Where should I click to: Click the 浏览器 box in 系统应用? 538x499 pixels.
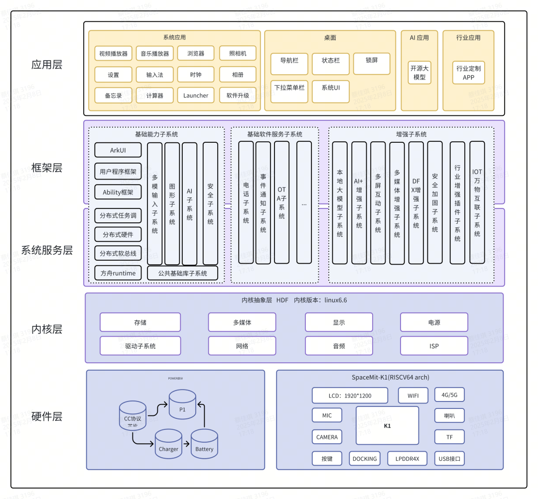[x=196, y=53]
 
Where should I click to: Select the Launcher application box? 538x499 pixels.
[x=196, y=96]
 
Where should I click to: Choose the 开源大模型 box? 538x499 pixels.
[x=419, y=73]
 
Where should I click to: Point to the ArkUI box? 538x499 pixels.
[x=118, y=150]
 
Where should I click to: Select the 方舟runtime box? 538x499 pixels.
[x=118, y=273]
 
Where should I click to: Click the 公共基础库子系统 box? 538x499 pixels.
[x=182, y=273]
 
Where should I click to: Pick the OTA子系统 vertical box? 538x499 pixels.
[x=281, y=202]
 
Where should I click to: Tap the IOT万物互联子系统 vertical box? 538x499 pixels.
[x=477, y=202]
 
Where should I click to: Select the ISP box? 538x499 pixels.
[x=434, y=346]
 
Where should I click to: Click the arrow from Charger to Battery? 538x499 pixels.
[x=186, y=444]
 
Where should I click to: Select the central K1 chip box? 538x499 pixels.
[x=387, y=425]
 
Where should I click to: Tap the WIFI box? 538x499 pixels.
[x=413, y=396]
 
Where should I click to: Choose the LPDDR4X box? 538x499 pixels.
[x=407, y=459]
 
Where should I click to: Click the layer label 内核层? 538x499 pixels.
[x=47, y=329]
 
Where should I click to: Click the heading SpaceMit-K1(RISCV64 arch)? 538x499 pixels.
[x=390, y=377]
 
